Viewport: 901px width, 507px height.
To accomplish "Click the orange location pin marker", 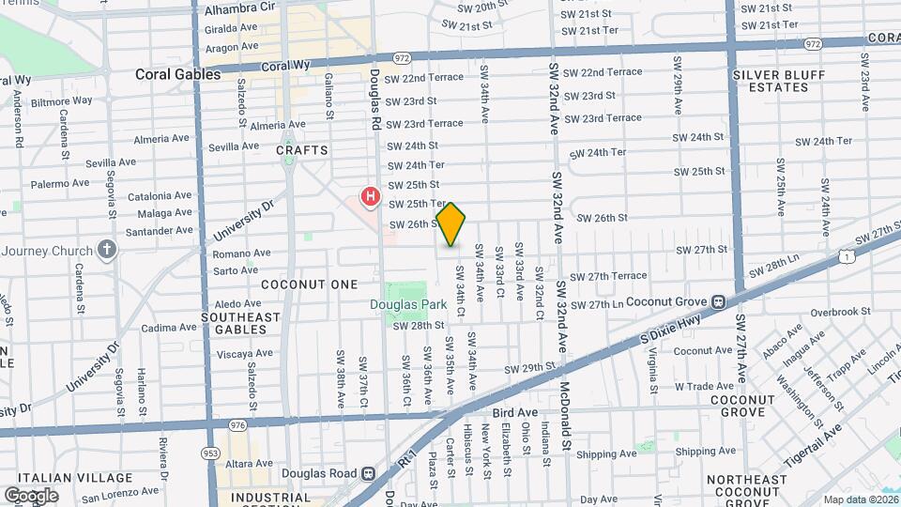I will [x=451, y=224].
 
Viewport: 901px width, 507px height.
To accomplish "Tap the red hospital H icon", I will [x=371, y=197].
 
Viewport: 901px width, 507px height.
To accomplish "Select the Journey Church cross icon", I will [x=108, y=250].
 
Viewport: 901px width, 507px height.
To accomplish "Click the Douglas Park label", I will [x=407, y=304].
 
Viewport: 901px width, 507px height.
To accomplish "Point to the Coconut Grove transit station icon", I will [x=719, y=301].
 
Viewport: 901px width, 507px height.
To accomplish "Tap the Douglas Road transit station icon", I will [x=369, y=474].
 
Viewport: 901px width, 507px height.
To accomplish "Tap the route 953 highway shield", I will [x=211, y=453].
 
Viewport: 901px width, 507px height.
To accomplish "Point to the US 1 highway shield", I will [x=848, y=254].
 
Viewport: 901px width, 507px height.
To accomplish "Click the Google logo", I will [x=31, y=495].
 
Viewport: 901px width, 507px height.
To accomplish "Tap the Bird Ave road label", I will [x=514, y=412].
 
